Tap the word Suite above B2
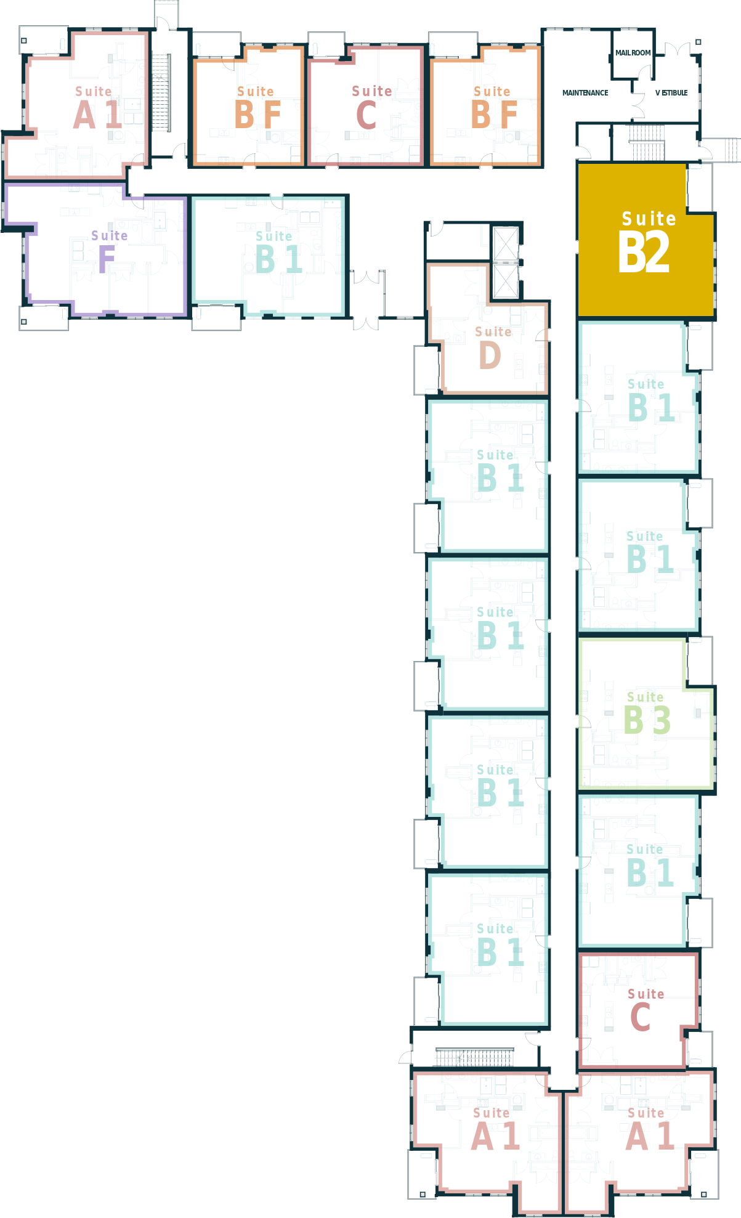pos(649,219)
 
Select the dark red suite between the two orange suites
pos(365,105)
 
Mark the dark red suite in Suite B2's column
pos(638,1010)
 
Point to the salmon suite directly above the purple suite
pos(83,105)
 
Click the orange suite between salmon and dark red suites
pos(248,105)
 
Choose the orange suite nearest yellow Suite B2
pos(485,105)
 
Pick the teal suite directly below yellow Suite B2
pos(638,397)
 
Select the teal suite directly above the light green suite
pos(638,554)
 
